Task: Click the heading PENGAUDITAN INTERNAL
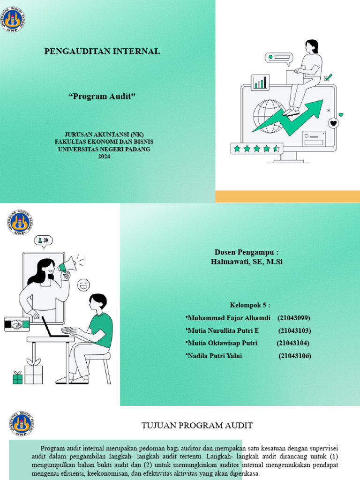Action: (x=102, y=52)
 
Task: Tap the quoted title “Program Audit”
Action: (x=102, y=97)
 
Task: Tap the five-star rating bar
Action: (x=256, y=149)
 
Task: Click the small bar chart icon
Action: (x=260, y=82)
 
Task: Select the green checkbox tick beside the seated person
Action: (x=328, y=77)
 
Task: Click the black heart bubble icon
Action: (x=333, y=123)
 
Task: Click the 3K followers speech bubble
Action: (x=44, y=241)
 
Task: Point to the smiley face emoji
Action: (x=83, y=285)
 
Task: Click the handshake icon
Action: (x=17, y=324)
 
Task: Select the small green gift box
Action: (x=18, y=377)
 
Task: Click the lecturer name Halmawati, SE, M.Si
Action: (x=247, y=262)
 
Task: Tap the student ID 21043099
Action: (x=294, y=318)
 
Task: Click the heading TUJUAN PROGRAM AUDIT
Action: (x=197, y=426)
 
